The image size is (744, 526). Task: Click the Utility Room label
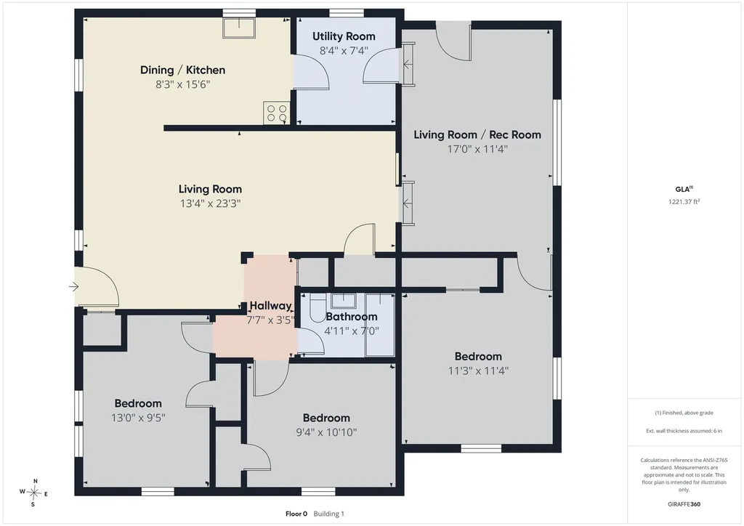pos(344,36)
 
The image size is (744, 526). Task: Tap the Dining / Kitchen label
pos(182,70)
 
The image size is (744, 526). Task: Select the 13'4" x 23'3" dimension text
pos(210,203)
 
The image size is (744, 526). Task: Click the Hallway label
pos(270,306)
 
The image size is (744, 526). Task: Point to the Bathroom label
pos(352,317)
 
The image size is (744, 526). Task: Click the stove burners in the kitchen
pos(277,113)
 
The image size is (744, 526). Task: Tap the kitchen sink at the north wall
pos(239,28)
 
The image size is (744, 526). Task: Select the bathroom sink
pos(344,302)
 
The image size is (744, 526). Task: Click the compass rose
pos(33,493)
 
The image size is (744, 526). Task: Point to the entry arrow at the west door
pos(73,286)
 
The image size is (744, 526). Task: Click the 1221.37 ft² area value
pos(684,201)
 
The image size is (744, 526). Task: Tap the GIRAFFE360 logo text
pos(684,504)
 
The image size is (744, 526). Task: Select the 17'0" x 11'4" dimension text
pos(477,150)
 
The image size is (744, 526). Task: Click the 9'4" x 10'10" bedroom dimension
pos(326,432)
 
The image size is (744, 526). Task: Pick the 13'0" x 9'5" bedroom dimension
pos(138,418)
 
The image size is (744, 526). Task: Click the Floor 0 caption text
pos(296,514)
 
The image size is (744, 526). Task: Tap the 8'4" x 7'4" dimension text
pos(344,51)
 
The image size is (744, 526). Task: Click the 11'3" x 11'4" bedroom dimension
pos(478,371)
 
